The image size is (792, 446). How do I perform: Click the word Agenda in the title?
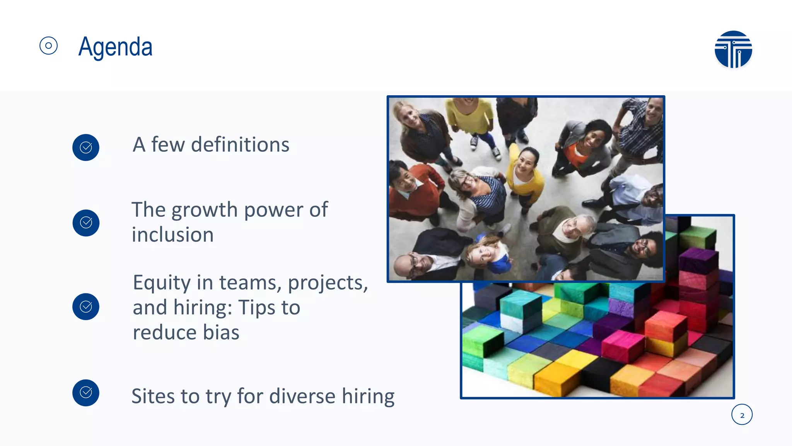click(115, 47)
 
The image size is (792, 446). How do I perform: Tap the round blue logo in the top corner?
click(733, 50)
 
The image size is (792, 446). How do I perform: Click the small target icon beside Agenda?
click(48, 46)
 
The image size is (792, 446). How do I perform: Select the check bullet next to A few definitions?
click(86, 148)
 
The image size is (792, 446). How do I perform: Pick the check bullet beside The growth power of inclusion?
click(86, 223)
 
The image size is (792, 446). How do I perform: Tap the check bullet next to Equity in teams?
click(86, 307)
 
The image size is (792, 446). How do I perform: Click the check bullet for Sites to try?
click(86, 393)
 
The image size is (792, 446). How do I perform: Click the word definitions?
click(240, 145)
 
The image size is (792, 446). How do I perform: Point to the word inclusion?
click(172, 235)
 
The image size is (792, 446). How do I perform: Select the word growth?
click(205, 210)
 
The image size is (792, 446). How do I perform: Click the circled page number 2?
click(742, 415)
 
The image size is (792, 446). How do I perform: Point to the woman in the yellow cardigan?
click(525, 174)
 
